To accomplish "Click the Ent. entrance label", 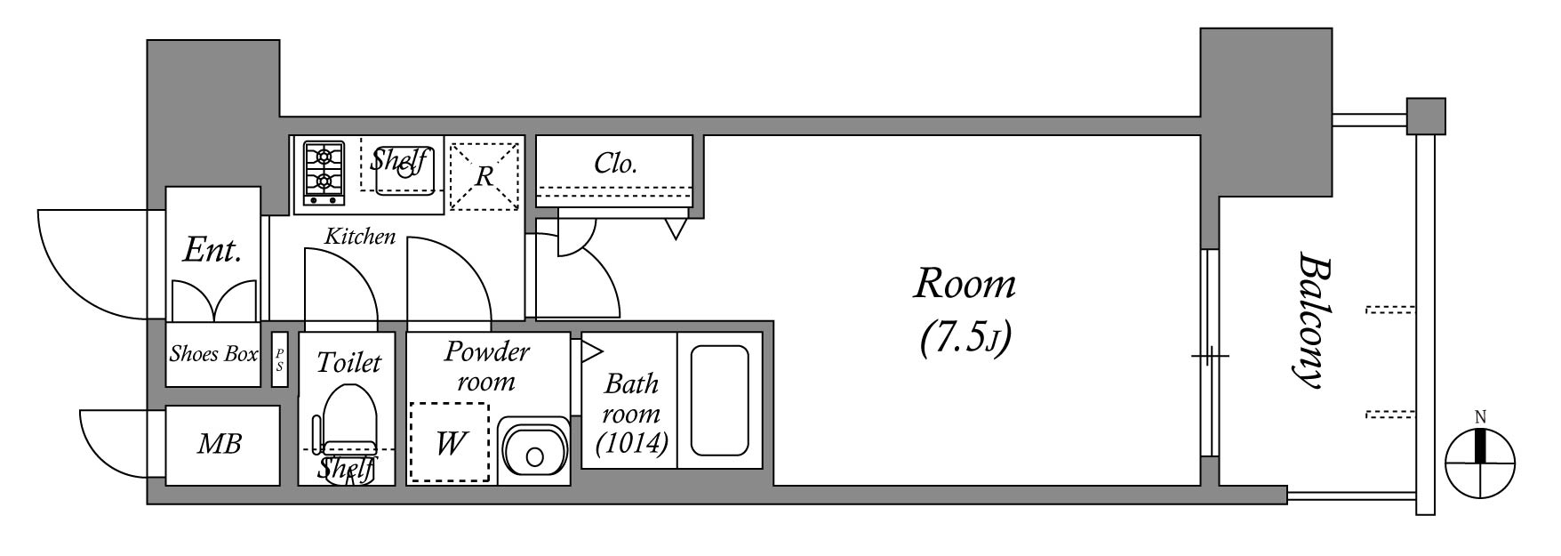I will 212,251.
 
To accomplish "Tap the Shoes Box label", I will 213,354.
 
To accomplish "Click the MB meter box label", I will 219,444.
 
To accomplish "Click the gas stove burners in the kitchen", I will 324,171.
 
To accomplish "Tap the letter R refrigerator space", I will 484,176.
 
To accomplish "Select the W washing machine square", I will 450,443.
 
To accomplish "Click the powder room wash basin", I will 533,451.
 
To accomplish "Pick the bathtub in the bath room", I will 719,399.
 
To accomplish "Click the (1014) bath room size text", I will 632,442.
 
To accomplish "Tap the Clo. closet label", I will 615,164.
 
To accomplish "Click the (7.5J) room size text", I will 965,338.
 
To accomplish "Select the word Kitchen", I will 359,237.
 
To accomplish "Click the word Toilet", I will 348,363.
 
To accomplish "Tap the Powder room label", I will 487,366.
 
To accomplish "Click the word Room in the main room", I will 965,285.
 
